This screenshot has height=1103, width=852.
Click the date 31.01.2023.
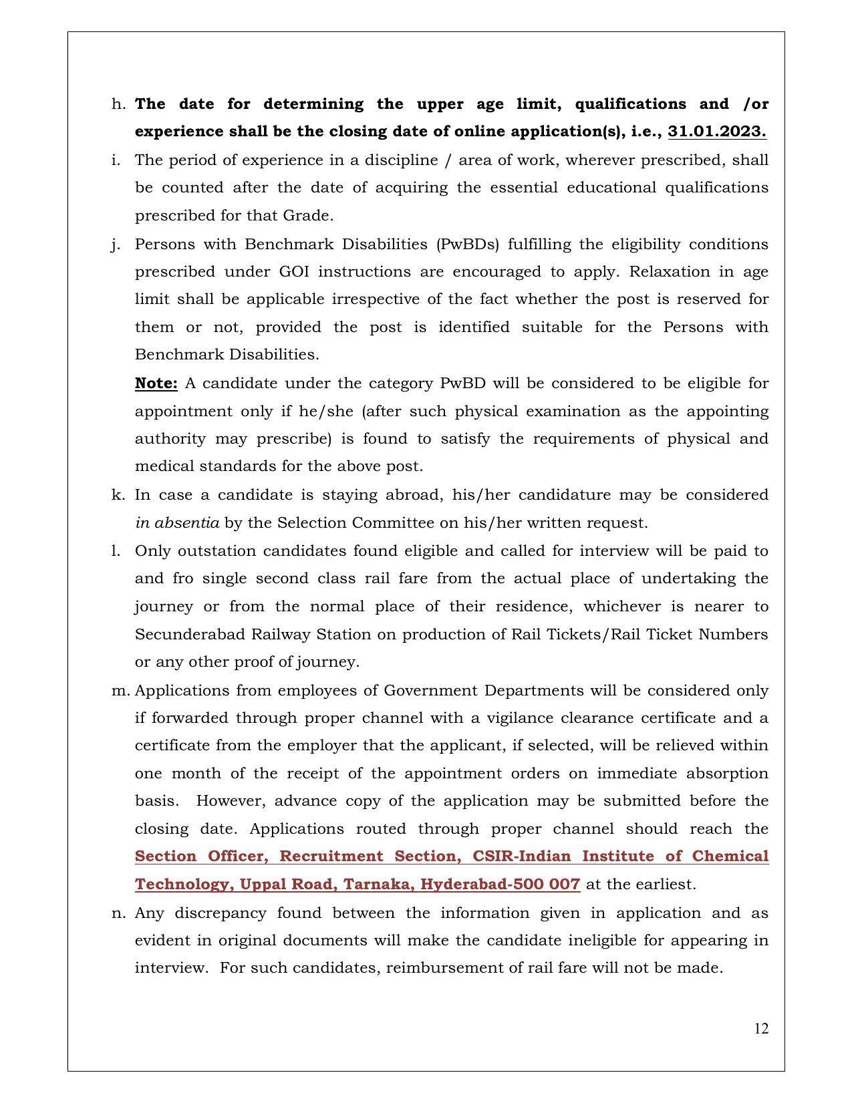[716, 132]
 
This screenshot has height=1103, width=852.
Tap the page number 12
[761, 1029]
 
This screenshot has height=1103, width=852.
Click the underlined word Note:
[156, 383]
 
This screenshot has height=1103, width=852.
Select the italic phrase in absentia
[177, 523]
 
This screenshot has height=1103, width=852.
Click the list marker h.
[118, 104]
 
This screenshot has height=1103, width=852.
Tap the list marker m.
[120, 691]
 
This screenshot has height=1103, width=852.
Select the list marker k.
[118, 495]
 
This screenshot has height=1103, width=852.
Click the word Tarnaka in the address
[375, 885]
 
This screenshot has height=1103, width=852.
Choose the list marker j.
[116, 245]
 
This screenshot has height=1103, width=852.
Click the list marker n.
[118, 913]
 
